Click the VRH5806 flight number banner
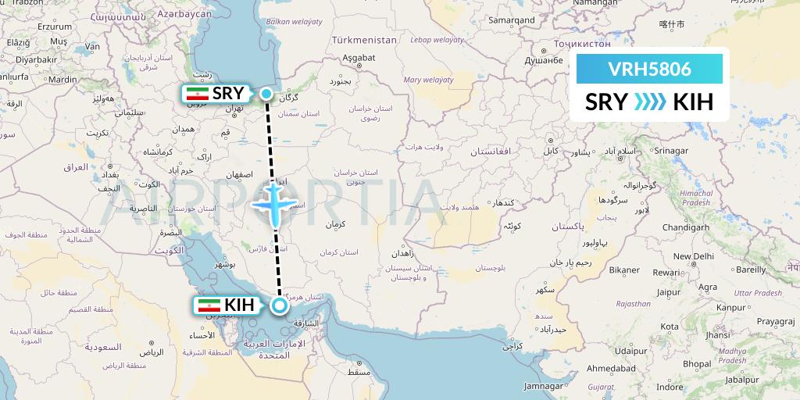pyautogui.click(x=649, y=69)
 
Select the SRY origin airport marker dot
pyautogui.click(x=267, y=95)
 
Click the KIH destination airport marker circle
pyautogui.click(x=278, y=305)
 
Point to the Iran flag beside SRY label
pyautogui.click(x=196, y=95)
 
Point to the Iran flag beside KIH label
pyautogui.click(x=209, y=305)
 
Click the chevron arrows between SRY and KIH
pyautogui.click(x=649, y=102)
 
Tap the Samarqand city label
pyautogui.click(x=512, y=20)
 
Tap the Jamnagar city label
pyautogui.click(x=544, y=386)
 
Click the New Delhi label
pyautogui.click(x=692, y=256)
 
